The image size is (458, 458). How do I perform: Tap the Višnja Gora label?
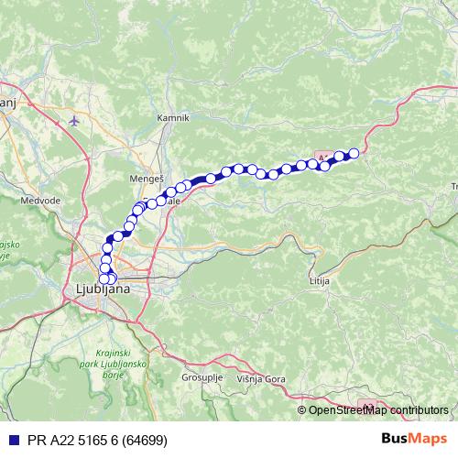pyautogui.click(x=261, y=377)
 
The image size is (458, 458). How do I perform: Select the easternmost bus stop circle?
pyautogui.click(x=354, y=153)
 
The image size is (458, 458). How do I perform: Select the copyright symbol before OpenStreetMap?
pyautogui.click(x=303, y=409)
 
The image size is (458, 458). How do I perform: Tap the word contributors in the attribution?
pyautogui.click(x=417, y=409)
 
